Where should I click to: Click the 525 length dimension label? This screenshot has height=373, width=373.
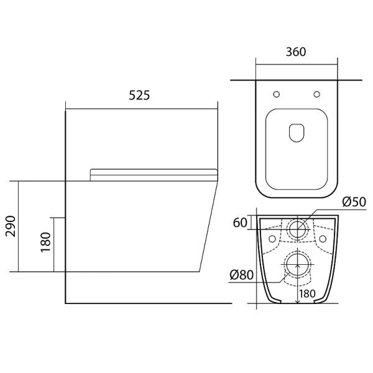(139, 95)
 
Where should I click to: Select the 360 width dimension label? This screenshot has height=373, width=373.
(296, 52)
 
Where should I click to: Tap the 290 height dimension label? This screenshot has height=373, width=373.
(11, 226)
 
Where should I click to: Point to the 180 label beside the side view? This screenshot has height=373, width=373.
(46, 242)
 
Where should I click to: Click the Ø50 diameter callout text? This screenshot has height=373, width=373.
(354, 202)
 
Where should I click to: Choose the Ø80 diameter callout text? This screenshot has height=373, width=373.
(242, 275)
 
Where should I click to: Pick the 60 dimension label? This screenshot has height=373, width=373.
(240, 223)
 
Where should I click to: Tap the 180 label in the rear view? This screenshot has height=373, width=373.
(307, 293)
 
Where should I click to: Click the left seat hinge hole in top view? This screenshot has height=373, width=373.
(277, 94)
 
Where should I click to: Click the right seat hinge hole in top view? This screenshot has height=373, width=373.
(317, 94)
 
